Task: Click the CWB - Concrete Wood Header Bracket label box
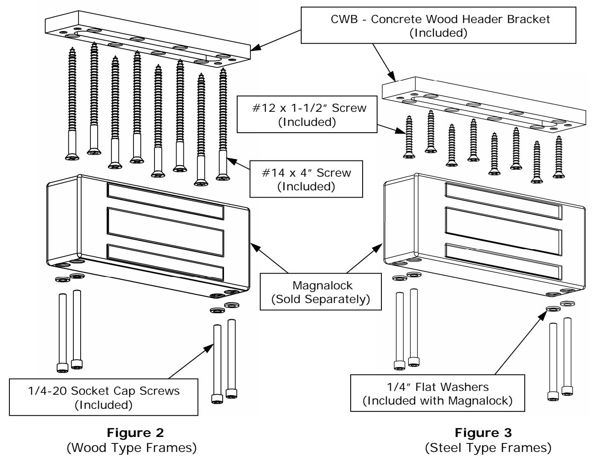click(x=438, y=25)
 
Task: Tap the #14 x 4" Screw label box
click(x=306, y=179)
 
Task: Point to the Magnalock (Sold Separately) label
click(x=321, y=292)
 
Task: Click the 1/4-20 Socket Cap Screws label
click(x=104, y=397)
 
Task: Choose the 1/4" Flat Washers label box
click(x=437, y=393)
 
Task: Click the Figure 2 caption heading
click(x=135, y=433)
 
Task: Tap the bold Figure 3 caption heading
click(x=483, y=433)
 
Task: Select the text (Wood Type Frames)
click(x=132, y=448)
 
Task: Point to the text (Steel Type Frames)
click(x=488, y=448)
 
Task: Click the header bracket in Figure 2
click(x=147, y=38)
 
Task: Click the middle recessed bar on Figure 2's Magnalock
click(x=166, y=232)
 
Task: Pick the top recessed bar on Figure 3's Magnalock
click(x=503, y=201)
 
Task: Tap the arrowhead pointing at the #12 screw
click(x=400, y=131)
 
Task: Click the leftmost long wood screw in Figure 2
click(x=72, y=104)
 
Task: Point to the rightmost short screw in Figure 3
click(x=558, y=157)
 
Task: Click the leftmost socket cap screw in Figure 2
click(x=62, y=333)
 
